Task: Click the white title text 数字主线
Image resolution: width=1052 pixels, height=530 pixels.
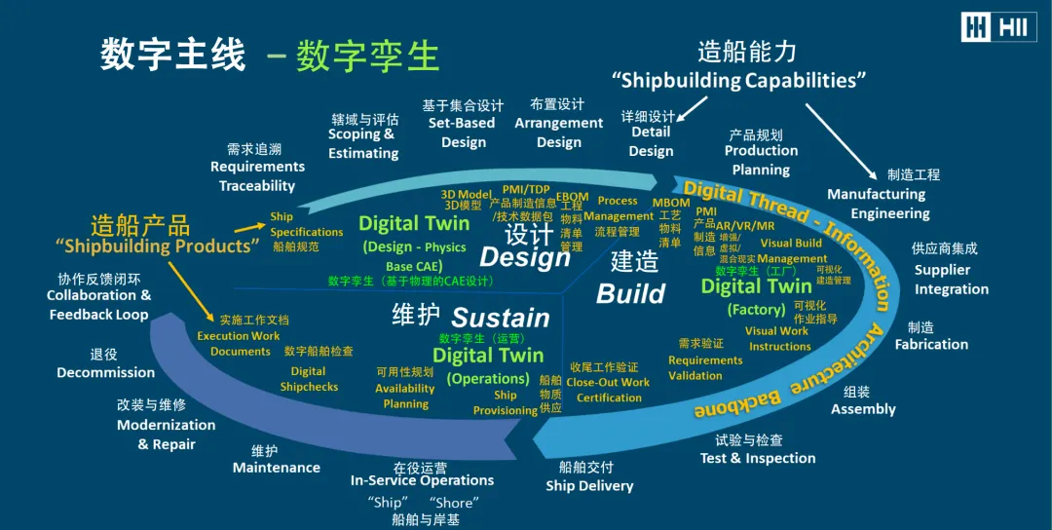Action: point(172,56)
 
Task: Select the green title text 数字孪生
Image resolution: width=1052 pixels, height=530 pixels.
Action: point(368,56)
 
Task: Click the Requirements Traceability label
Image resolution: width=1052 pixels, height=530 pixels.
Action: point(257,175)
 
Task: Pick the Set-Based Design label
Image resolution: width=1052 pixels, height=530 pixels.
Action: point(463,132)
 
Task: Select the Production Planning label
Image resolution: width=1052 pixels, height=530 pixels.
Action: point(761,160)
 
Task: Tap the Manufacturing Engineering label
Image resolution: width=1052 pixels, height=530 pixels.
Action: point(889,204)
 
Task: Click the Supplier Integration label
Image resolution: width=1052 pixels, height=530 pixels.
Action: point(951,280)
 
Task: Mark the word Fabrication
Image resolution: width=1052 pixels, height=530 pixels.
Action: point(931,344)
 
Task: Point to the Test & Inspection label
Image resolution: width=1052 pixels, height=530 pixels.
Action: point(757,458)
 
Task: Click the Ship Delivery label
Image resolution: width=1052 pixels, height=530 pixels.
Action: point(589,485)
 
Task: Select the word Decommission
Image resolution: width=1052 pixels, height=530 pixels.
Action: point(105,372)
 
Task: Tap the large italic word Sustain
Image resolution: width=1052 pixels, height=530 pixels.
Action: point(501,318)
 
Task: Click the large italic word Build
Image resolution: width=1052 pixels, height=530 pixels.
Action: point(631,293)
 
